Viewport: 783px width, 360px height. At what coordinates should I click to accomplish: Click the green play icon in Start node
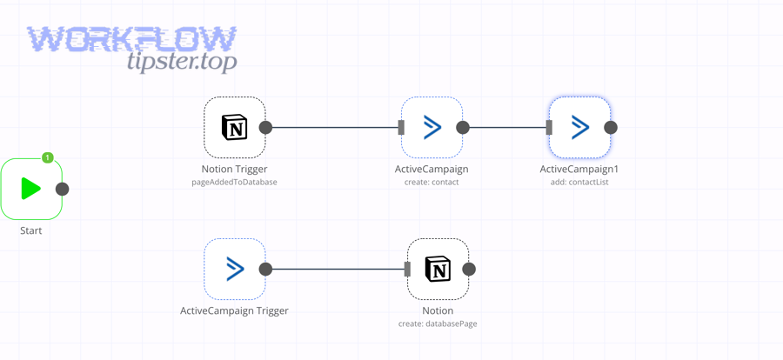pyautogui.click(x=31, y=189)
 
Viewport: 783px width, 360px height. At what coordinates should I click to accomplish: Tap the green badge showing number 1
pyautogui.click(x=48, y=157)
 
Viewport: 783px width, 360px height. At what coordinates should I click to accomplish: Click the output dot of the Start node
pyautogui.click(x=63, y=189)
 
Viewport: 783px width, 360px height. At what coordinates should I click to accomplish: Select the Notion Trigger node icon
pyautogui.click(x=234, y=128)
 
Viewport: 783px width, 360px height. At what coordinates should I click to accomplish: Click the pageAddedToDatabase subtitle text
pyautogui.click(x=234, y=183)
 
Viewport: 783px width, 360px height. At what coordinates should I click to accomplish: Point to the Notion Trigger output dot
pyautogui.click(x=266, y=128)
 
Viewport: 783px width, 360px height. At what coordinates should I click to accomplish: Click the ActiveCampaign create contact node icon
pyautogui.click(x=432, y=128)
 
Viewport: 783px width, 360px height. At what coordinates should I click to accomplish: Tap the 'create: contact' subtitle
pyautogui.click(x=432, y=183)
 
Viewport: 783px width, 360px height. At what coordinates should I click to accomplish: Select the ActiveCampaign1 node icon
pyautogui.click(x=579, y=128)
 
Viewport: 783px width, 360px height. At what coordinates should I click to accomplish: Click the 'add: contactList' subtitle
pyautogui.click(x=579, y=183)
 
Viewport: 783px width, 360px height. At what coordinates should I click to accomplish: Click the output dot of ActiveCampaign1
pyautogui.click(x=611, y=128)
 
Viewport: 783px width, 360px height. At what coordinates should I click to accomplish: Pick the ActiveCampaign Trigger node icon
pyautogui.click(x=234, y=270)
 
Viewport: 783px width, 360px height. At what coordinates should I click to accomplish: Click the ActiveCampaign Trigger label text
pyautogui.click(x=234, y=310)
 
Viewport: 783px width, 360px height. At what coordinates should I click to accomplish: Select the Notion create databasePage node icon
pyautogui.click(x=438, y=270)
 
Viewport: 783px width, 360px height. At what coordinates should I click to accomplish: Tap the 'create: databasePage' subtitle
pyautogui.click(x=438, y=323)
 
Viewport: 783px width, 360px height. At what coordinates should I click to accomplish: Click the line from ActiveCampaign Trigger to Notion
pyautogui.click(x=336, y=270)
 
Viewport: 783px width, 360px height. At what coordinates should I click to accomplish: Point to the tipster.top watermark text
pyautogui.click(x=181, y=62)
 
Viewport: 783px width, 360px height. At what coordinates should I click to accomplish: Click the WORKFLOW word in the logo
pyautogui.click(x=131, y=39)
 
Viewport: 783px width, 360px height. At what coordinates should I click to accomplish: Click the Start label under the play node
pyautogui.click(x=31, y=230)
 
